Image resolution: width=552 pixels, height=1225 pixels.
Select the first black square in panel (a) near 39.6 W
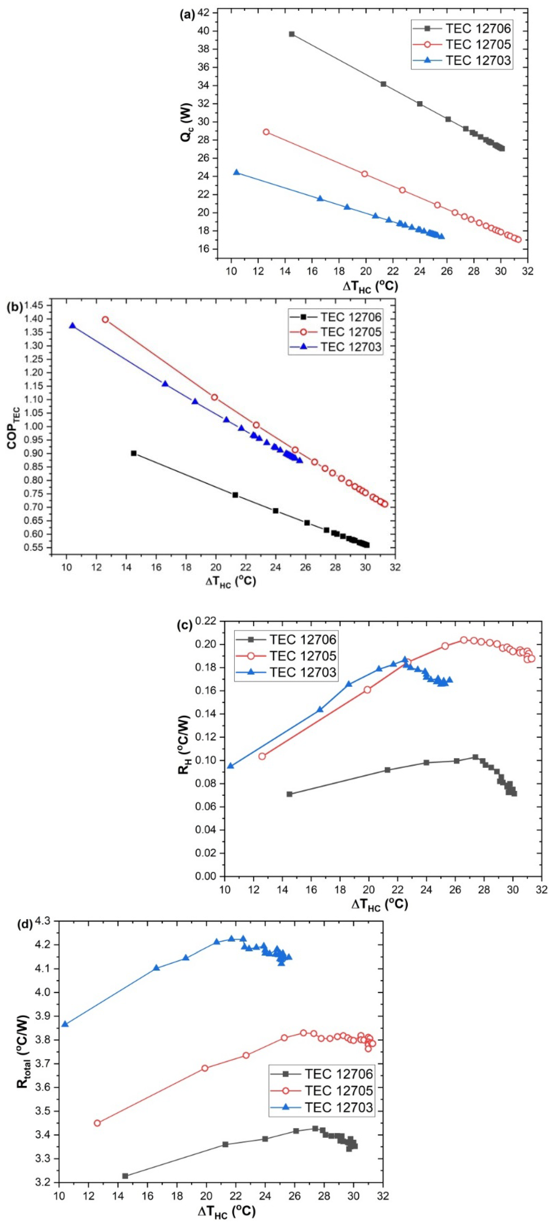tap(292, 34)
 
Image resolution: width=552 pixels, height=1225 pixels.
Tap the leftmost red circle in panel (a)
tap(266, 132)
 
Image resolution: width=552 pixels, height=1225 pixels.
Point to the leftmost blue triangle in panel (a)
tap(236, 172)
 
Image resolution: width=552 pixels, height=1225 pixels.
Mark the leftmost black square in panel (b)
tap(134, 453)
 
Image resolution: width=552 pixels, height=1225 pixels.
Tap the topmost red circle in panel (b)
tap(105, 320)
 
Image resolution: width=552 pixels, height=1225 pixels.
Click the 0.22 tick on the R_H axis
tap(207, 621)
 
